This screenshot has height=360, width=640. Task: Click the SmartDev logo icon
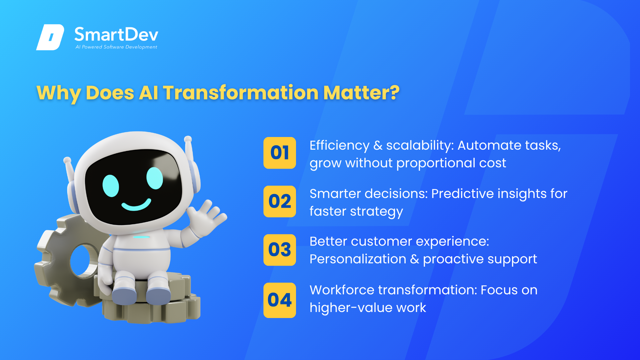click(50, 37)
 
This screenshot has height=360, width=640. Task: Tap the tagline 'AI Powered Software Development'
click(116, 47)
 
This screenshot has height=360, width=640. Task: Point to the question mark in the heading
click(395, 92)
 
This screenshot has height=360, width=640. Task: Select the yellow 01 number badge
click(280, 153)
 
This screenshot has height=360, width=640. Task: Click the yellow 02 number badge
click(280, 201)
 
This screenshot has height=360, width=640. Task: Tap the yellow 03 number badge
click(280, 250)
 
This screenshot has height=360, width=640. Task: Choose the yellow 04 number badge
click(280, 300)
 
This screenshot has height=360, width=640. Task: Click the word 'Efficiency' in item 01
click(339, 146)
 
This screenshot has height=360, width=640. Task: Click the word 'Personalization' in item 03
click(358, 259)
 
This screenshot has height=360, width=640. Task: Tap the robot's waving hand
click(206, 217)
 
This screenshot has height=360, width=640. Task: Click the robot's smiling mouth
click(136, 204)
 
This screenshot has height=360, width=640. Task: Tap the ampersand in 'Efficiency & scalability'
click(378, 145)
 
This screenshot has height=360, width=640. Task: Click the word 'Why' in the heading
click(59, 93)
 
